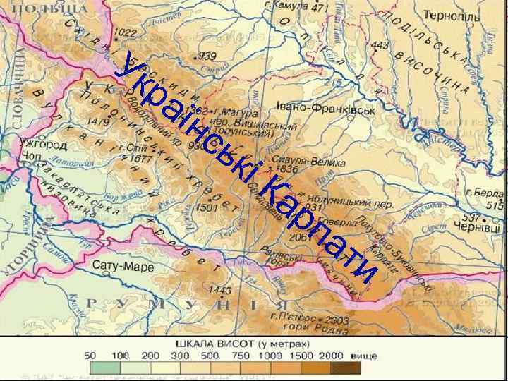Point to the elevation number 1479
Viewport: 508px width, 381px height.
(98, 122)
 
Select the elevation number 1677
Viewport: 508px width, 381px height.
(140, 159)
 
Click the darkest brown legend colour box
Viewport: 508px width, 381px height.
(345, 368)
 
